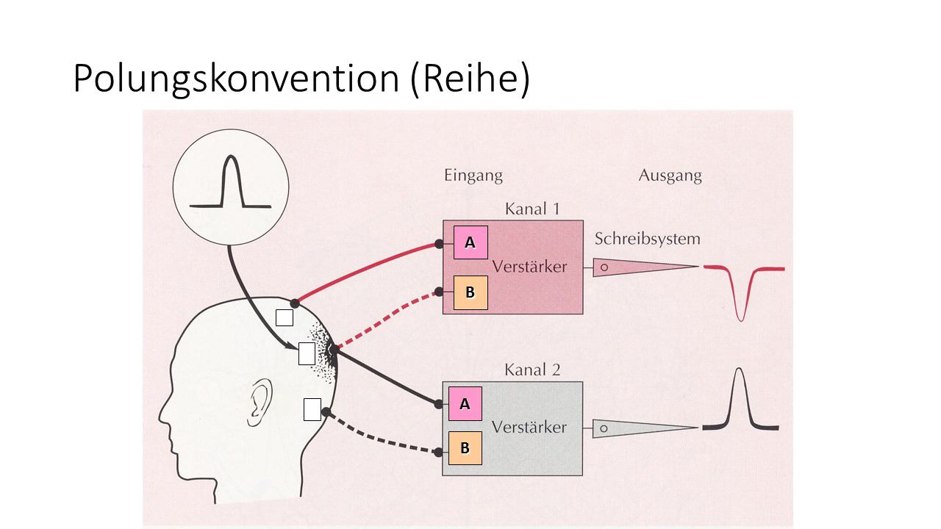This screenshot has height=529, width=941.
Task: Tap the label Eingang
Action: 473,176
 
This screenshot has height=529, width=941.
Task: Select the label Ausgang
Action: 670,176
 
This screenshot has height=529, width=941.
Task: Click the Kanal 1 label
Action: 532,209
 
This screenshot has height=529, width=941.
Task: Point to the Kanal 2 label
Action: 532,370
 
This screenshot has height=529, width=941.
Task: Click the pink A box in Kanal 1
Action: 470,242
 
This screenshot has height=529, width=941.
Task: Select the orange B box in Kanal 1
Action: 470,292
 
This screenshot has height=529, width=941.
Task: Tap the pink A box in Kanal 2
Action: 465,403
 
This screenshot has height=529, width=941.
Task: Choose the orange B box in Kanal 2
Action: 465,447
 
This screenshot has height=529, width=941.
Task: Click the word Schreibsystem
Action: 647,239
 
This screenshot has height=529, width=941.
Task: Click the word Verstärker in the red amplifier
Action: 529,266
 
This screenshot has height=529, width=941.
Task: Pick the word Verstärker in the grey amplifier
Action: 529,426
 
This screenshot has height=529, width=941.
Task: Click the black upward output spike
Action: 740,397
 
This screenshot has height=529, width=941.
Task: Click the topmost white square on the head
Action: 284,317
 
